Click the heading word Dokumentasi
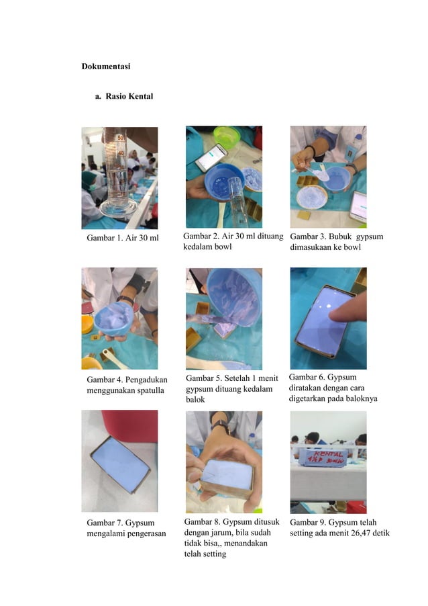(106, 67)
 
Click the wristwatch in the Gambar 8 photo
(219, 425)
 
